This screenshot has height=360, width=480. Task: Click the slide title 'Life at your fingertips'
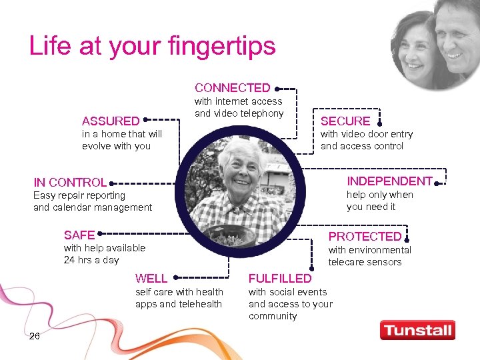(152, 46)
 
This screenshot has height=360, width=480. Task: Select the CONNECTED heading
(232, 88)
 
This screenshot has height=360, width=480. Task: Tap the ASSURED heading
(111, 121)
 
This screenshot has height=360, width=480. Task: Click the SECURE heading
(345, 121)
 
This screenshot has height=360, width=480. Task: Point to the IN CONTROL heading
(70, 182)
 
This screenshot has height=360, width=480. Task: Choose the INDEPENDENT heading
(389, 181)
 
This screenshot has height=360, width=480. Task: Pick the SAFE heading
(79, 235)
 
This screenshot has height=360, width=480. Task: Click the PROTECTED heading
(365, 237)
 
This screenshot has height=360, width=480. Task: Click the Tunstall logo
(417, 330)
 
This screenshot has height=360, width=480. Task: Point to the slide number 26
(35, 336)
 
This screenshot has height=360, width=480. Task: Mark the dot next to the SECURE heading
(379, 123)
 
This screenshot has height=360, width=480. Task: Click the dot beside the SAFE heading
(100, 235)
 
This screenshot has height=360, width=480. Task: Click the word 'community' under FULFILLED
(273, 316)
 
